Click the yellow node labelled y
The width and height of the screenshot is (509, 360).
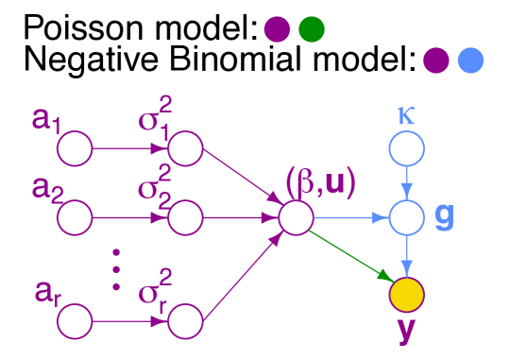[x=407, y=295]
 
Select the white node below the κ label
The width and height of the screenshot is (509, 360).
[x=407, y=148]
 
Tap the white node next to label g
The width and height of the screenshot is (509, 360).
[x=407, y=218]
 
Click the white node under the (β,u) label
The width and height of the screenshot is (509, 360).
[x=296, y=218]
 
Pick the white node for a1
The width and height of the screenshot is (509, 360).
[x=75, y=148]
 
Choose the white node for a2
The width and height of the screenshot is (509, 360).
[x=75, y=218]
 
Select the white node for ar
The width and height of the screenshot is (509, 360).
[x=75, y=322]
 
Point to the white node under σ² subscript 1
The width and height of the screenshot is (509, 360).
[x=186, y=148]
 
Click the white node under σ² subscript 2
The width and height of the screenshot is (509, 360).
[x=186, y=218]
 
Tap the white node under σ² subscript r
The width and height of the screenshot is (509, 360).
[x=186, y=322]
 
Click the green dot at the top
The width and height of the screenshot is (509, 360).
[x=312, y=29]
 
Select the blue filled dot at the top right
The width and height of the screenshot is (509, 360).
[x=470, y=60]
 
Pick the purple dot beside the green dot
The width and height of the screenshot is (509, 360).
[x=277, y=29]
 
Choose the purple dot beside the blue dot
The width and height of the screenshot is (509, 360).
[x=435, y=60]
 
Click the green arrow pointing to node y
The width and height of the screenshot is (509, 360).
[x=351, y=256]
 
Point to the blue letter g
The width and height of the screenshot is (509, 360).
[x=444, y=216]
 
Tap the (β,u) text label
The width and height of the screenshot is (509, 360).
[x=321, y=182]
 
